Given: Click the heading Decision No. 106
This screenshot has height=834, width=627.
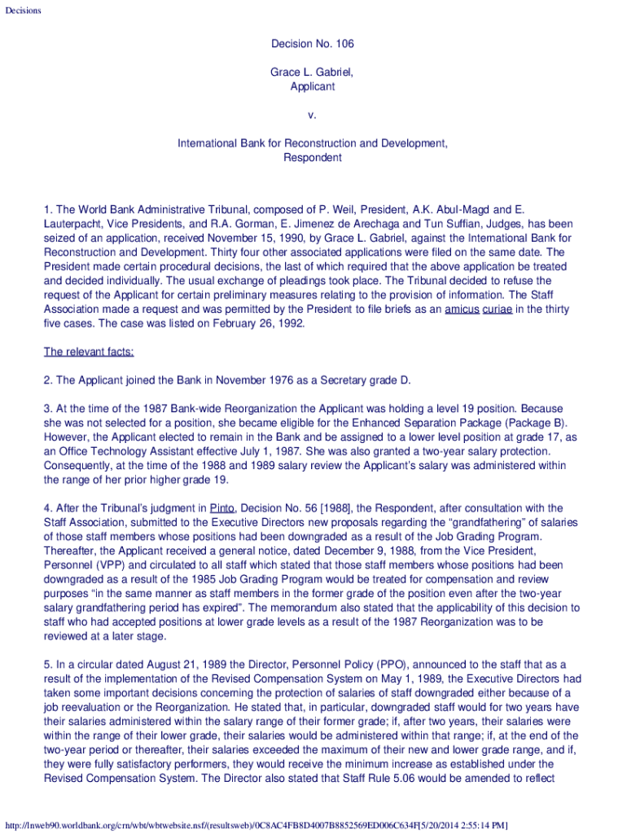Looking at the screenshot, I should (313, 43).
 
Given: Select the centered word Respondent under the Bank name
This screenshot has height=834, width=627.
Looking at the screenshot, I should (313, 157).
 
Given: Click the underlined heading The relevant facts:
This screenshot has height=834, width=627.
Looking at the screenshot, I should (89, 352).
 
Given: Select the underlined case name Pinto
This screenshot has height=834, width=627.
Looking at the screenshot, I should (222, 508).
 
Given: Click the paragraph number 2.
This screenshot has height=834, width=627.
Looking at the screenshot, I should (48, 380).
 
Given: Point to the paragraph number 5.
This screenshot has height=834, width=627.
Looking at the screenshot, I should (48, 665).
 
